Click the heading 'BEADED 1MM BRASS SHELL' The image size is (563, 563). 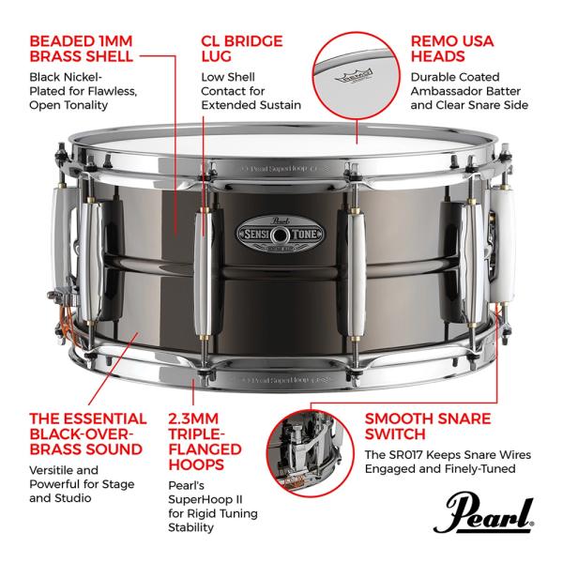pos(81,49)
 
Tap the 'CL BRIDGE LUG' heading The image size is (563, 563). pos(242,49)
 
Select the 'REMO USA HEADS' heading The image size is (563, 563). pos(452,49)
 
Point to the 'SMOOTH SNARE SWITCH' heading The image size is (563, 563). pos(428,427)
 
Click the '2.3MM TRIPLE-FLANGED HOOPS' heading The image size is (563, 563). pos(205,442)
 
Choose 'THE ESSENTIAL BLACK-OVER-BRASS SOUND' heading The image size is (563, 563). pos(88,434)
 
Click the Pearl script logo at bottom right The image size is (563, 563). pos(483,512)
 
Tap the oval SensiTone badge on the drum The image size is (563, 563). pos(280,235)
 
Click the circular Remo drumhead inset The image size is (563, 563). pos(356,75)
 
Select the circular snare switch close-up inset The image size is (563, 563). pos(310,453)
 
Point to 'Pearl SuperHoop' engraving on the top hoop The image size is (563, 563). pos(280,168)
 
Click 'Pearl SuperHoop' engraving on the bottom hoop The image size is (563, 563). pos(280,380)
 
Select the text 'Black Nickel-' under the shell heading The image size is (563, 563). pos(66,77)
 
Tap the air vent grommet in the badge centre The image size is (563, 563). pos(279,236)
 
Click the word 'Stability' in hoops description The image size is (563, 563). pos(190,527)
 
